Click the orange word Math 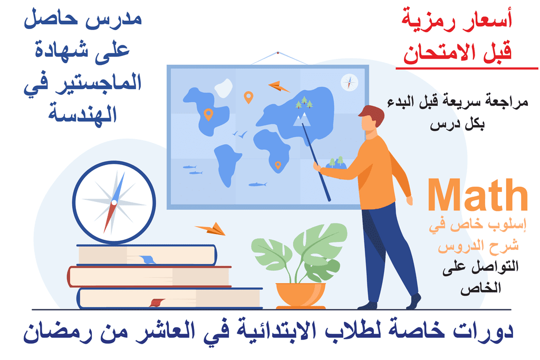pyautogui.click(x=478, y=194)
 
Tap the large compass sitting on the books pyautogui.click(x=114, y=202)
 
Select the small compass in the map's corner pyautogui.click(x=349, y=83)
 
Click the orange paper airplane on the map pyautogui.click(x=278, y=86)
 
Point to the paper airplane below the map pyautogui.click(x=210, y=229)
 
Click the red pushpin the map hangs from pyautogui.click(x=278, y=53)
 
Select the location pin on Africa pyautogui.click(x=278, y=166)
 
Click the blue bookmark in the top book pyautogui.click(x=148, y=259)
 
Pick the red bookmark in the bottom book pyautogui.click(x=157, y=303)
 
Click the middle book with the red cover pyautogui.click(x=149, y=277)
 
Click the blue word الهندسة pyautogui.click(x=83, y=113)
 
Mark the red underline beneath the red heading pyautogui.click(x=467, y=69)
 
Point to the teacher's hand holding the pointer pyautogui.click(x=317, y=167)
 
